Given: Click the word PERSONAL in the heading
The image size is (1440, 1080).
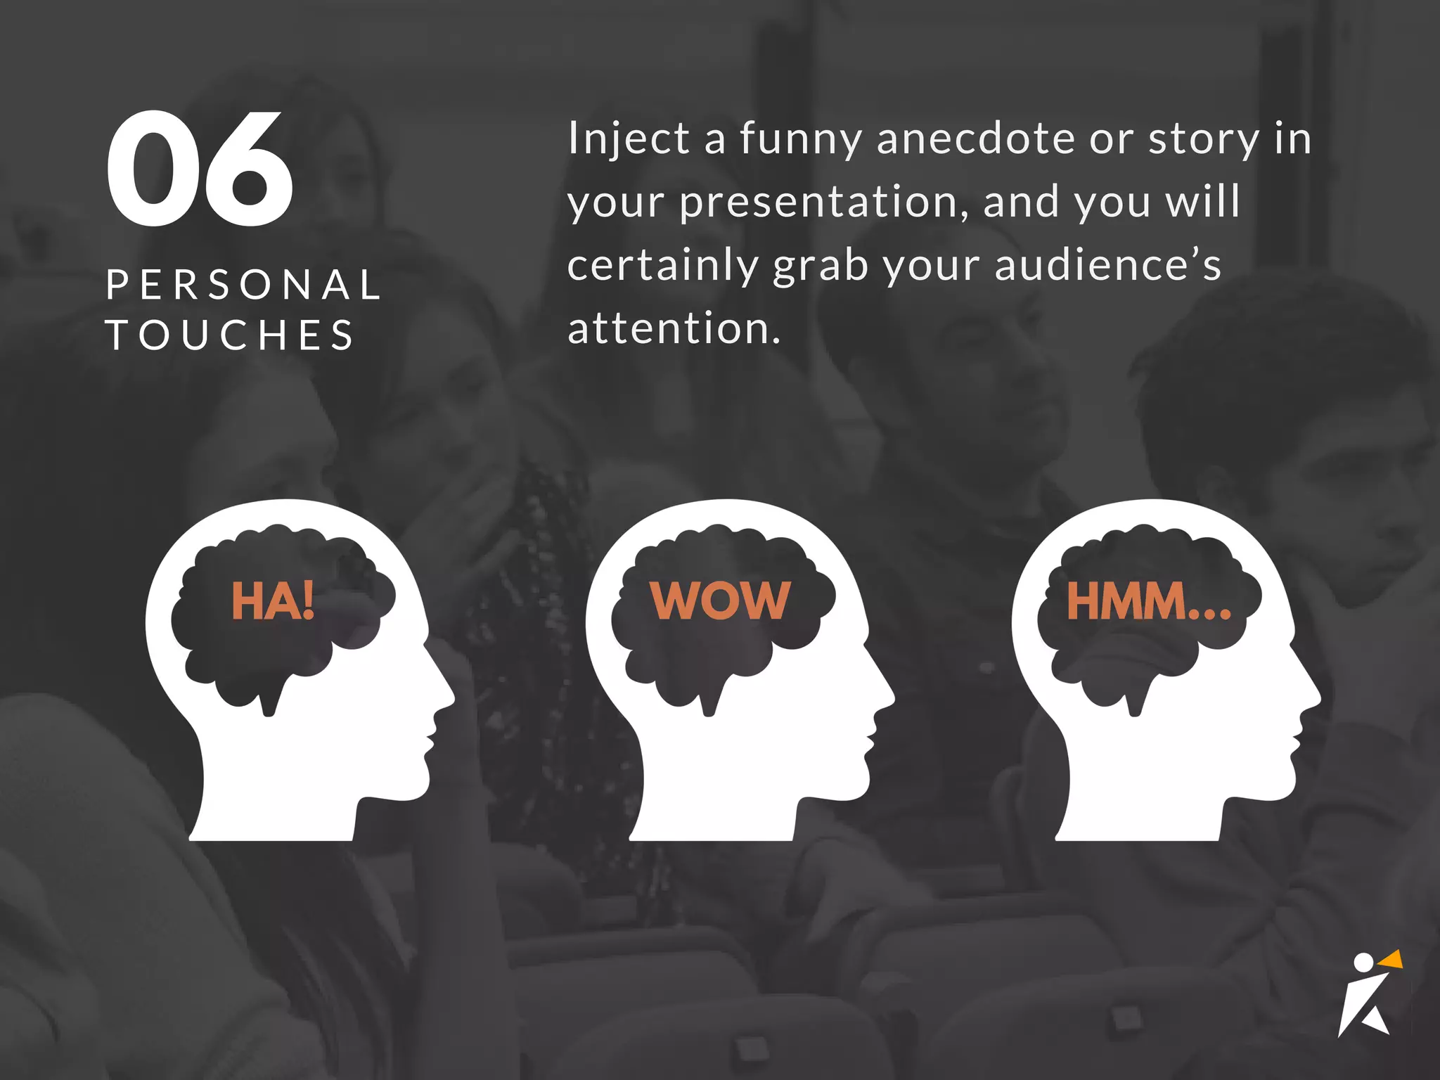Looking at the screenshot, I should click(243, 285).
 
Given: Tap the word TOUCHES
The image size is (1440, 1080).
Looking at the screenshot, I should click(230, 335).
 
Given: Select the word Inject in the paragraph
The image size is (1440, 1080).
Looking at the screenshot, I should click(628, 139).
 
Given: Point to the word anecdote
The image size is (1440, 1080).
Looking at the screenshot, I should click(976, 139).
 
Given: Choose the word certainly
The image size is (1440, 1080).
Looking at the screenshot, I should click(662, 266).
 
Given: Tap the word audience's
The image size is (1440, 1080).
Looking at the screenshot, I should click(1107, 266).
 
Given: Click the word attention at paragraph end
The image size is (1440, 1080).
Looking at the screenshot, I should click(674, 329).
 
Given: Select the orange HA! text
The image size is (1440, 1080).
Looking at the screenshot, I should click(273, 601).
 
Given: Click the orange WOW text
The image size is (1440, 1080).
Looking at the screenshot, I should click(720, 601).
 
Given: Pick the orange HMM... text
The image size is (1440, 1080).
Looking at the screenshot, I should click(1148, 601).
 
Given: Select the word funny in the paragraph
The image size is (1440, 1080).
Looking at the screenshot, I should click(800, 139).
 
